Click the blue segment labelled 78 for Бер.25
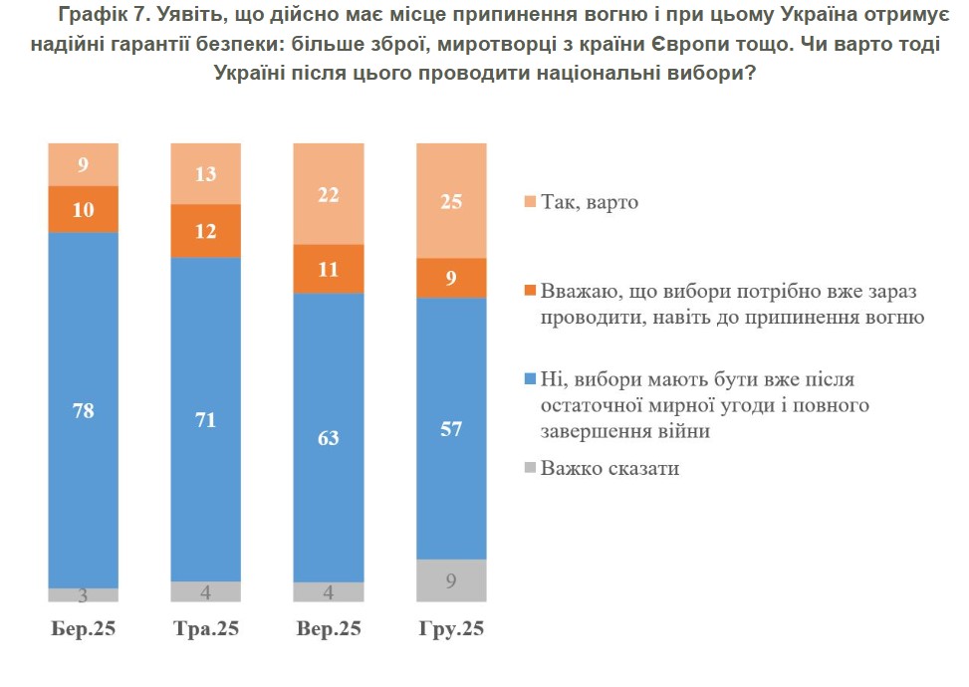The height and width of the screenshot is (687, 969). point(84,409)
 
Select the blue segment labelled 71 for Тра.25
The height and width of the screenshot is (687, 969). point(206,418)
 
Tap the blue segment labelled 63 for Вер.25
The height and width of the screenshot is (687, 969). point(329,438)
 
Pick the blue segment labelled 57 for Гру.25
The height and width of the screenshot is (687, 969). point(451,428)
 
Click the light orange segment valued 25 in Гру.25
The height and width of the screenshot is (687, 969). point(451,200)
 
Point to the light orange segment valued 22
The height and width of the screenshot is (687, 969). point(329,194)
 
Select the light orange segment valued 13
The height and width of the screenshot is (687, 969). point(206,173)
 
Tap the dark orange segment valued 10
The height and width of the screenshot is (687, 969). point(84,209)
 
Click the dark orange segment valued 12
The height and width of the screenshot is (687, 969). point(206,231)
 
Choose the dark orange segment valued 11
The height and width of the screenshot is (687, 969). point(329,269)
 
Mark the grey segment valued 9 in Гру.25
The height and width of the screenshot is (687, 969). point(451,580)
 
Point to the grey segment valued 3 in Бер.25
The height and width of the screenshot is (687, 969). point(84,595)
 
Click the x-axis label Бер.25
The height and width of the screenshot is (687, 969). point(84,630)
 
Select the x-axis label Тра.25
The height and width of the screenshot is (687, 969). point(206,630)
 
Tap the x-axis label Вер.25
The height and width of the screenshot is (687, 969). point(329,630)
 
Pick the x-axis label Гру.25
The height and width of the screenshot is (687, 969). point(451,630)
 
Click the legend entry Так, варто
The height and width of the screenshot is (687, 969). point(589,202)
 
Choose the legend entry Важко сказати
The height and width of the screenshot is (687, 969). point(609,467)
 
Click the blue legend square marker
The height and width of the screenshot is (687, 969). point(529,379)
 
